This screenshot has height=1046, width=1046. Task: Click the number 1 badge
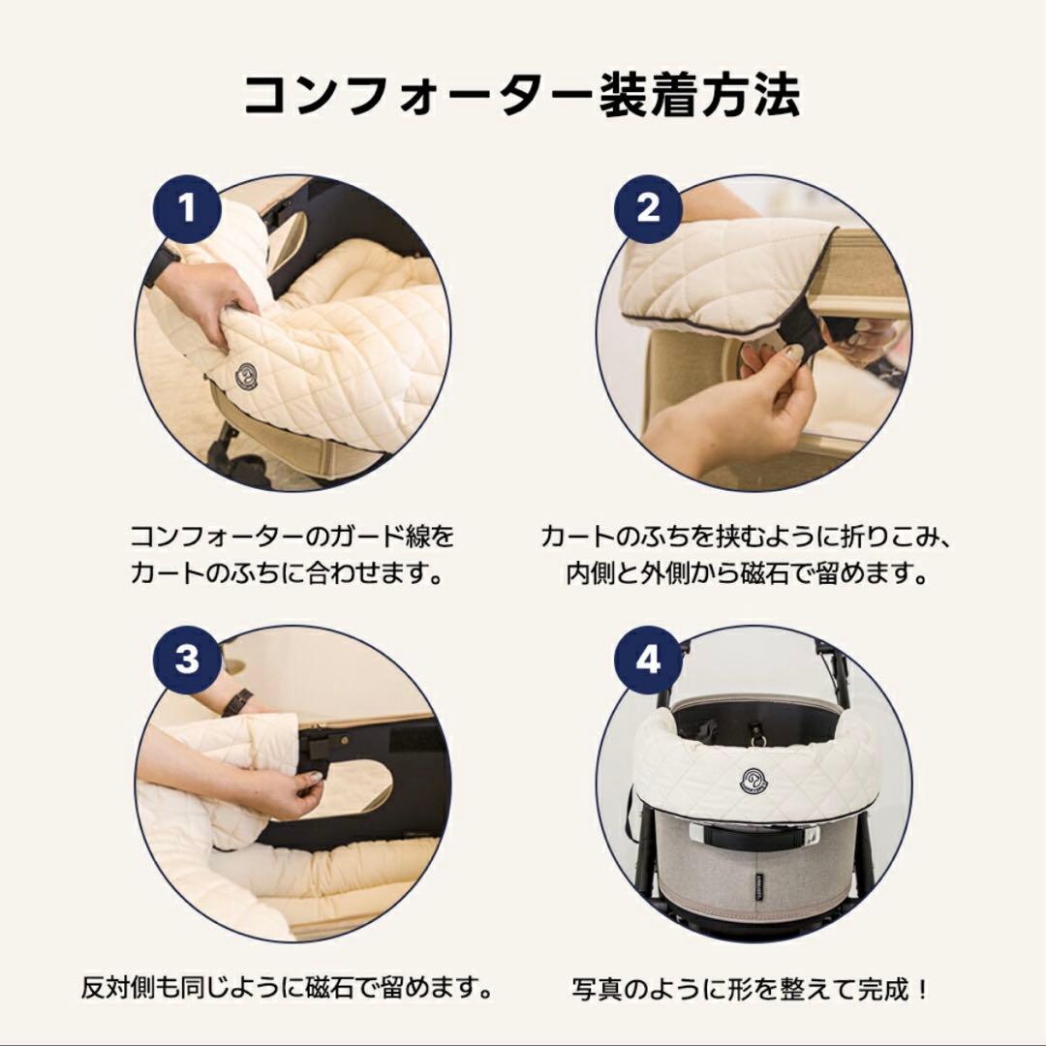(x=187, y=207)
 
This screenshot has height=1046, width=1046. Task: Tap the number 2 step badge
(x=648, y=207)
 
